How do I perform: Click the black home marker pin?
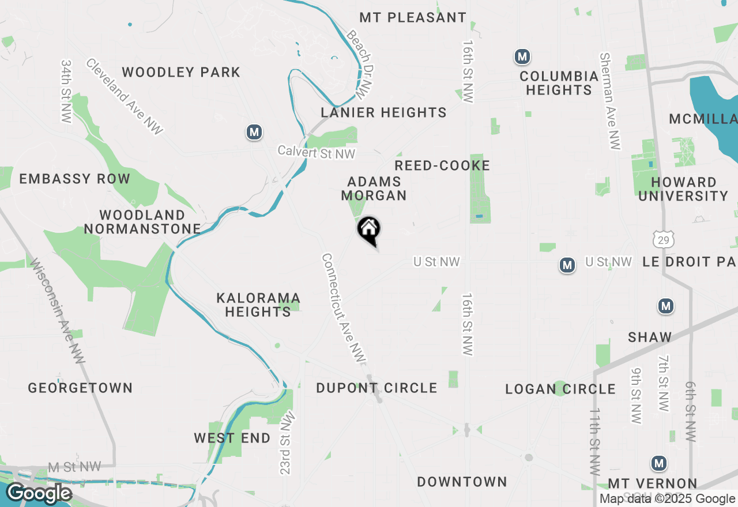click(369, 230)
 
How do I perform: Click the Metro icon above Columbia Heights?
click(522, 57)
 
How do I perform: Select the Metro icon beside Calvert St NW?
click(254, 132)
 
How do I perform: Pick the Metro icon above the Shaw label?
click(666, 306)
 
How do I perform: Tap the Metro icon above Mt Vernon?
click(658, 463)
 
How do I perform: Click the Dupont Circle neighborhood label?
click(376, 388)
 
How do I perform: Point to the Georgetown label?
click(80, 388)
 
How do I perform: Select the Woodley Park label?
click(181, 73)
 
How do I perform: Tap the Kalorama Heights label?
click(258, 305)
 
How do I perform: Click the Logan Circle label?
click(560, 389)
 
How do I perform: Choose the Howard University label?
click(684, 189)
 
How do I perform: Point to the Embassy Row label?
click(75, 179)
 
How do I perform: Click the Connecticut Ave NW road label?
click(344, 309)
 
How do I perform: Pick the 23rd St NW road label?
click(287, 442)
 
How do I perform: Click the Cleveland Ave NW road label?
click(125, 97)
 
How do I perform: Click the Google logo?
click(39, 494)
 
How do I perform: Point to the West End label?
click(232, 438)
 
